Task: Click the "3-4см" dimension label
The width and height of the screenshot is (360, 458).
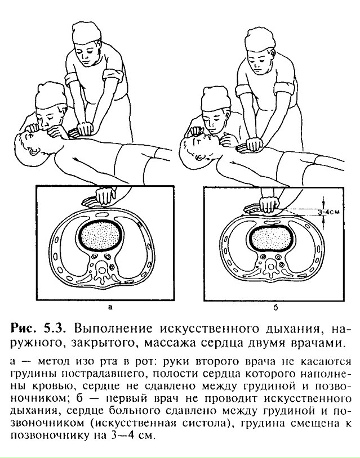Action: click(x=329, y=211)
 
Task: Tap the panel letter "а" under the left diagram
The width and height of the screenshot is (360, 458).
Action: click(x=110, y=308)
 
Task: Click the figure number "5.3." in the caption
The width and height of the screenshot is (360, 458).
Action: click(x=55, y=328)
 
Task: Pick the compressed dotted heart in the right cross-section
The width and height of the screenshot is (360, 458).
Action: click(x=271, y=239)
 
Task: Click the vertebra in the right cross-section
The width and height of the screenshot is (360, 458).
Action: click(x=271, y=269)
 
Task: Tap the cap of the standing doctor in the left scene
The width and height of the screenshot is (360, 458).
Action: click(x=86, y=33)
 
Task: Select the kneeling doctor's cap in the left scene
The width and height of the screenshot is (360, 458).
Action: click(x=50, y=96)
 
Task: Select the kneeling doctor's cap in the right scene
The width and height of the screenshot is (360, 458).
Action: click(x=216, y=99)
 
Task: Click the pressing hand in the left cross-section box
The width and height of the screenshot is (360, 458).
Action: click(x=97, y=197)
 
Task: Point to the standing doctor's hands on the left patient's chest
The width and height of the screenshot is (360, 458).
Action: click(x=83, y=130)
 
